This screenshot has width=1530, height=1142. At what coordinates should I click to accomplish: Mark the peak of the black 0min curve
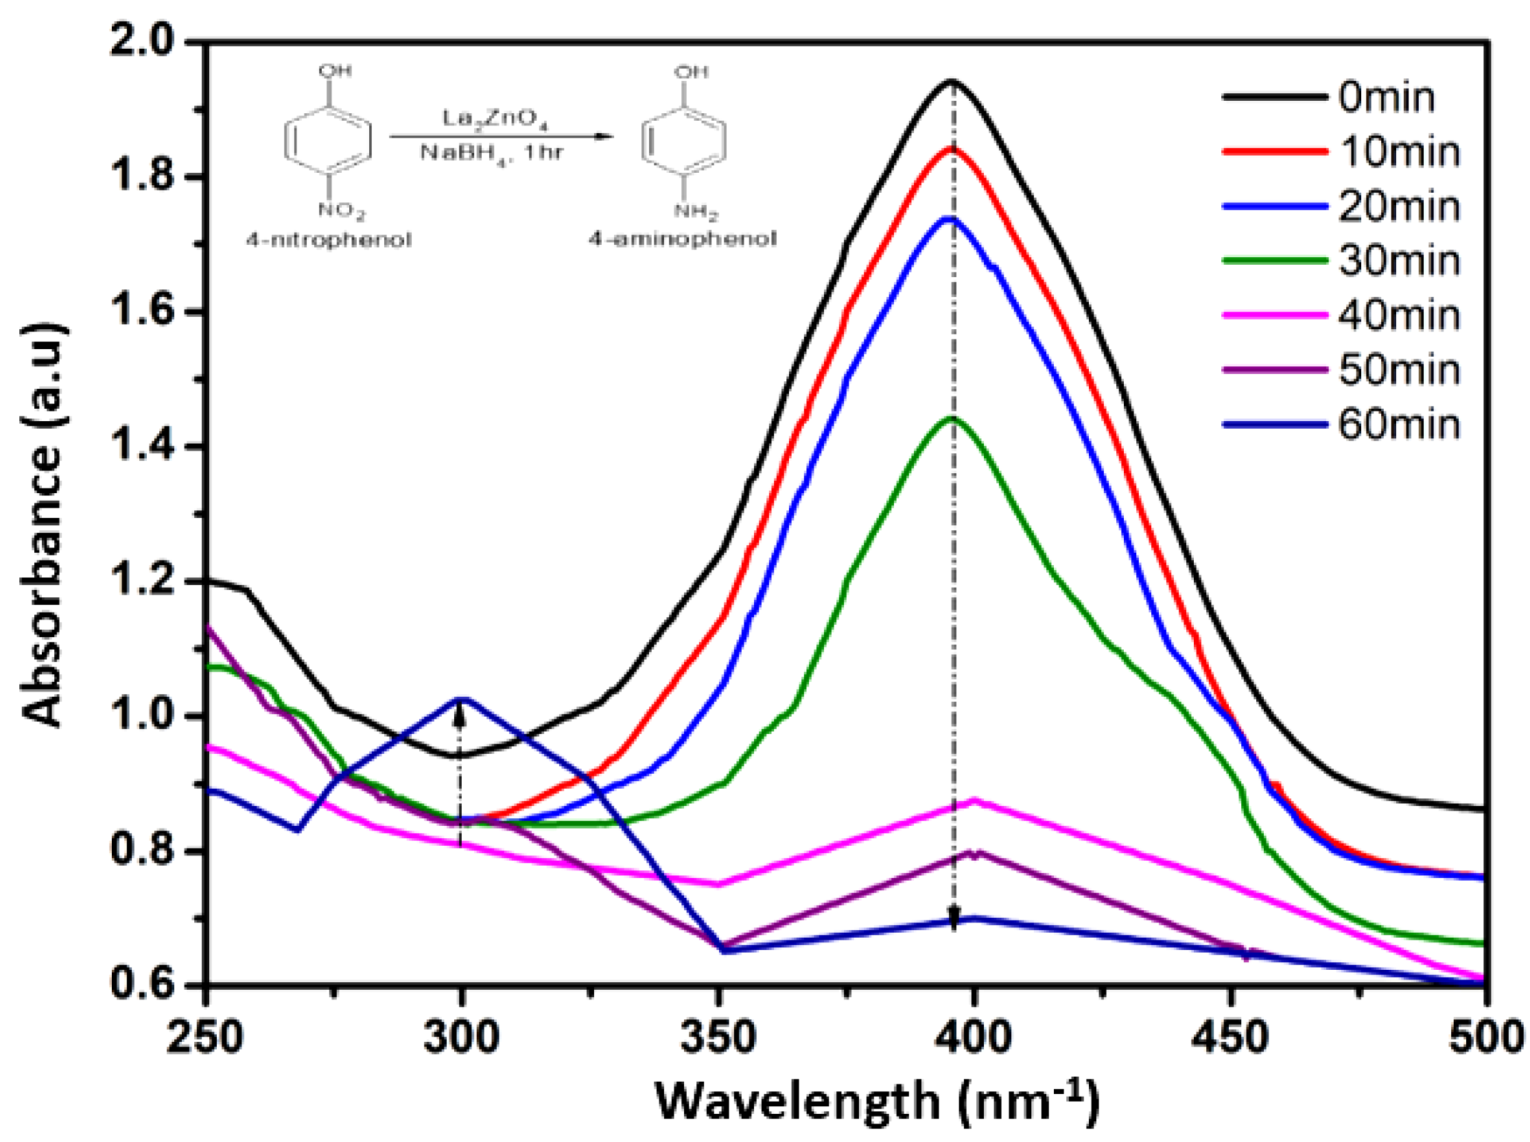[952, 82]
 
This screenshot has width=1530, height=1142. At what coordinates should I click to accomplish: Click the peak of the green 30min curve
[952, 418]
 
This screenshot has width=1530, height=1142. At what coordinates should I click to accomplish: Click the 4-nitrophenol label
[329, 241]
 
